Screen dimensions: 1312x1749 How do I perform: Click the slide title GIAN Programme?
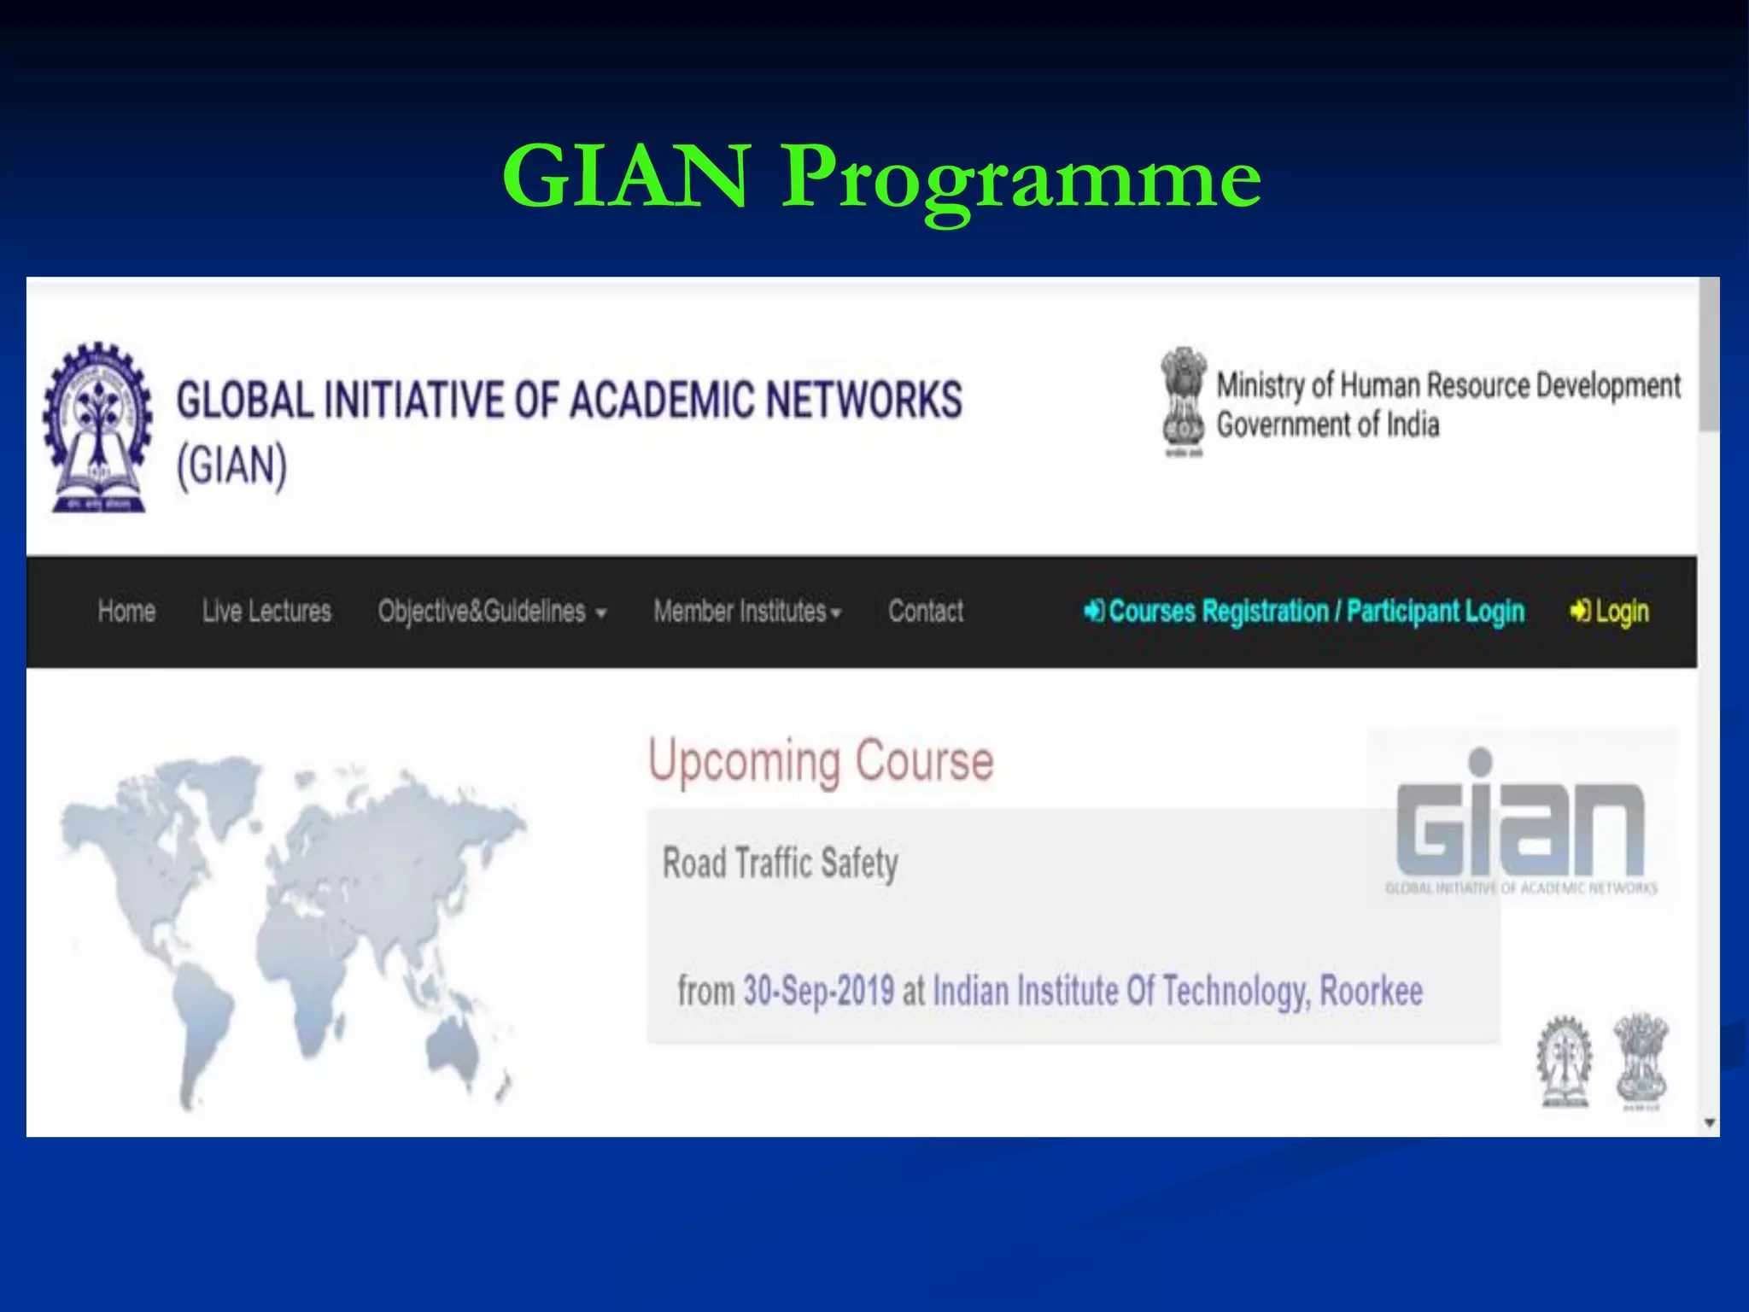click(x=881, y=176)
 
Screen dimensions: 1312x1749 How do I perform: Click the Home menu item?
click(x=126, y=612)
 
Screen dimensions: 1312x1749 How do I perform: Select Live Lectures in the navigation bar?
click(x=266, y=612)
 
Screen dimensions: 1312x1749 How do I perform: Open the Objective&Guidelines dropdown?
click(x=492, y=612)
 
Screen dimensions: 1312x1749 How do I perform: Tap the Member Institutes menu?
click(x=747, y=612)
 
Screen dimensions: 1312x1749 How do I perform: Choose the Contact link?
click(x=926, y=612)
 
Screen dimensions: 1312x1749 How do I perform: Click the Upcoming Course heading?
click(x=821, y=760)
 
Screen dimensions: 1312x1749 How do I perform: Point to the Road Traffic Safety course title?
click(x=780, y=863)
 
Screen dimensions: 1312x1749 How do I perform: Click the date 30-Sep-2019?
click(x=818, y=991)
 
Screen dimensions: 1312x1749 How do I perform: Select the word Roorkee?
click(x=1371, y=991)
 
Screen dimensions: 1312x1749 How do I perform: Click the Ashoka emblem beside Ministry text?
click(x=1183, y=401)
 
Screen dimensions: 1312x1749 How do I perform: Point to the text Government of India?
click(x=1328, y=425)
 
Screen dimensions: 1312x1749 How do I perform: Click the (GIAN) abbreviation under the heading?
click(x=231, y=466)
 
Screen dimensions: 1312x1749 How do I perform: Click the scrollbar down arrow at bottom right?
click(x=1709, y=1122)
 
